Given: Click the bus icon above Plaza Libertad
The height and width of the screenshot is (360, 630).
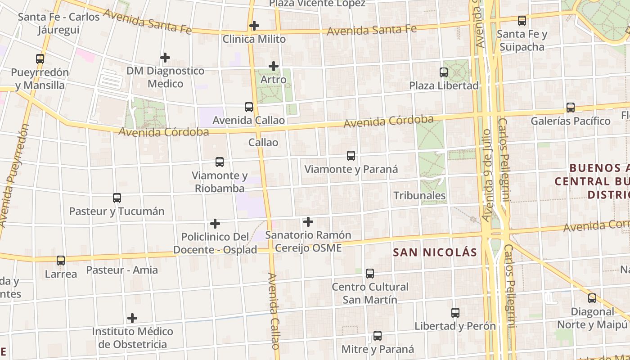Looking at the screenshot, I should tap(444, 72).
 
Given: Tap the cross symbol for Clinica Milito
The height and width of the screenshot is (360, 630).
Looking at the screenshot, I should tap(254, 26).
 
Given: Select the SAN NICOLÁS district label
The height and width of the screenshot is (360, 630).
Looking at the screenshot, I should tap(435, 252).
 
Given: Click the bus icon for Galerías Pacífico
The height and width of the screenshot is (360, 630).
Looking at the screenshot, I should tap(571, 108).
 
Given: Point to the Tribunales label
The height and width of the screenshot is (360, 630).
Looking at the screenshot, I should tap(419, 195).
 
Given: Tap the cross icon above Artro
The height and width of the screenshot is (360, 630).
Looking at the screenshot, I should tap(274, 66).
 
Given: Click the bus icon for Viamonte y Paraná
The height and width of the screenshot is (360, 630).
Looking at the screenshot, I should tap(351, 156).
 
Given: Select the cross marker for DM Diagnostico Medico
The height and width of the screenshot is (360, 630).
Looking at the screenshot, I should tap(165, 58).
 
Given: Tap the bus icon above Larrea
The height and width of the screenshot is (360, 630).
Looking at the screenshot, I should tap(61, 260).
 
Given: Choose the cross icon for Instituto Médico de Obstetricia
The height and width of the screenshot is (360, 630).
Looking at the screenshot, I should tap(132, 318).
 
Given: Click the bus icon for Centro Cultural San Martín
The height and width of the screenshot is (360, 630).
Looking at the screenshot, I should tap(370, 273).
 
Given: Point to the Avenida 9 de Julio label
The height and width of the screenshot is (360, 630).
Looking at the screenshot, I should tap(487, 175).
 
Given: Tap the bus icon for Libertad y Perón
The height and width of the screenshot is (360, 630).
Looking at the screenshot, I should tap(455, 312).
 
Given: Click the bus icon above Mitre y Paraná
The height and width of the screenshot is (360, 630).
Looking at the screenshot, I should tap(378, 336).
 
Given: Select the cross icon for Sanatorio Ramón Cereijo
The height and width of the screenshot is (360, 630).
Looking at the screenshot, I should tap(308, 221).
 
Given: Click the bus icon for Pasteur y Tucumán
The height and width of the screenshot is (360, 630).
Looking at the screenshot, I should tap(117, 198).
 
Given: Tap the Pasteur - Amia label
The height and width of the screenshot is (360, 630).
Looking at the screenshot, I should tap(122, 270).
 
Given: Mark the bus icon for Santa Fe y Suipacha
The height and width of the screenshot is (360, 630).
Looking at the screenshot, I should tap(522, 21).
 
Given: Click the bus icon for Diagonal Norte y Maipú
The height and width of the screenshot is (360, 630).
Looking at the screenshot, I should tap(592, 298).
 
